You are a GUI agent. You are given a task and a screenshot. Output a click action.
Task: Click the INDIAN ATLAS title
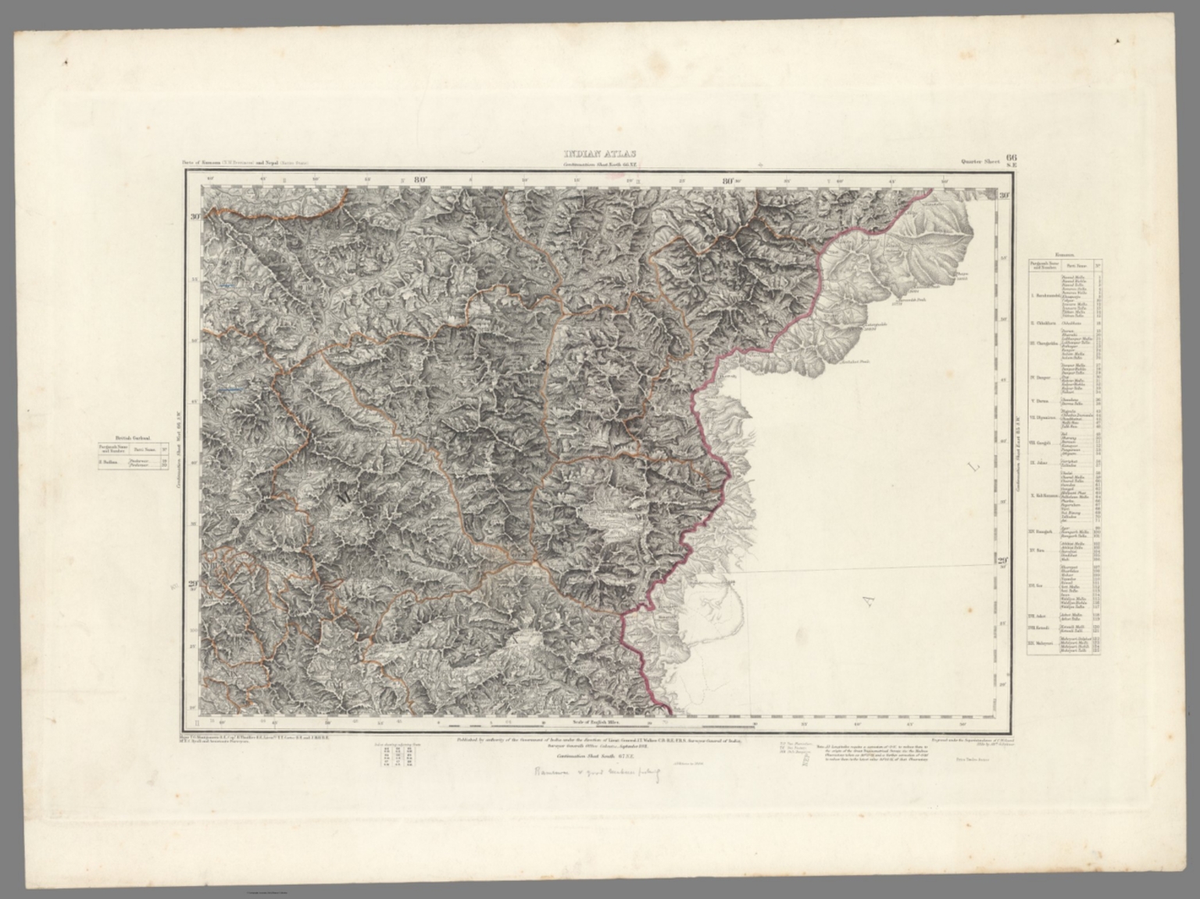coord(599,154)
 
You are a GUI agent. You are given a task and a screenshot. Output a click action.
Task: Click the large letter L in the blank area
coord(973,468)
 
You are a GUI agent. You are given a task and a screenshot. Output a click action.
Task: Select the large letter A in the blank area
coord(865,600)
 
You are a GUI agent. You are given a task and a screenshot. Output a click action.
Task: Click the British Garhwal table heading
coord(133,439)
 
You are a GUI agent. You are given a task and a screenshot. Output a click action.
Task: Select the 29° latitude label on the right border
coord(1003,560)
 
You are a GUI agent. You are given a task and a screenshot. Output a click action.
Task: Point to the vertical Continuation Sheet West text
coord(179,446)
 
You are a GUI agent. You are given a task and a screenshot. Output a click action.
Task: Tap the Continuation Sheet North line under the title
coord(599,165)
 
